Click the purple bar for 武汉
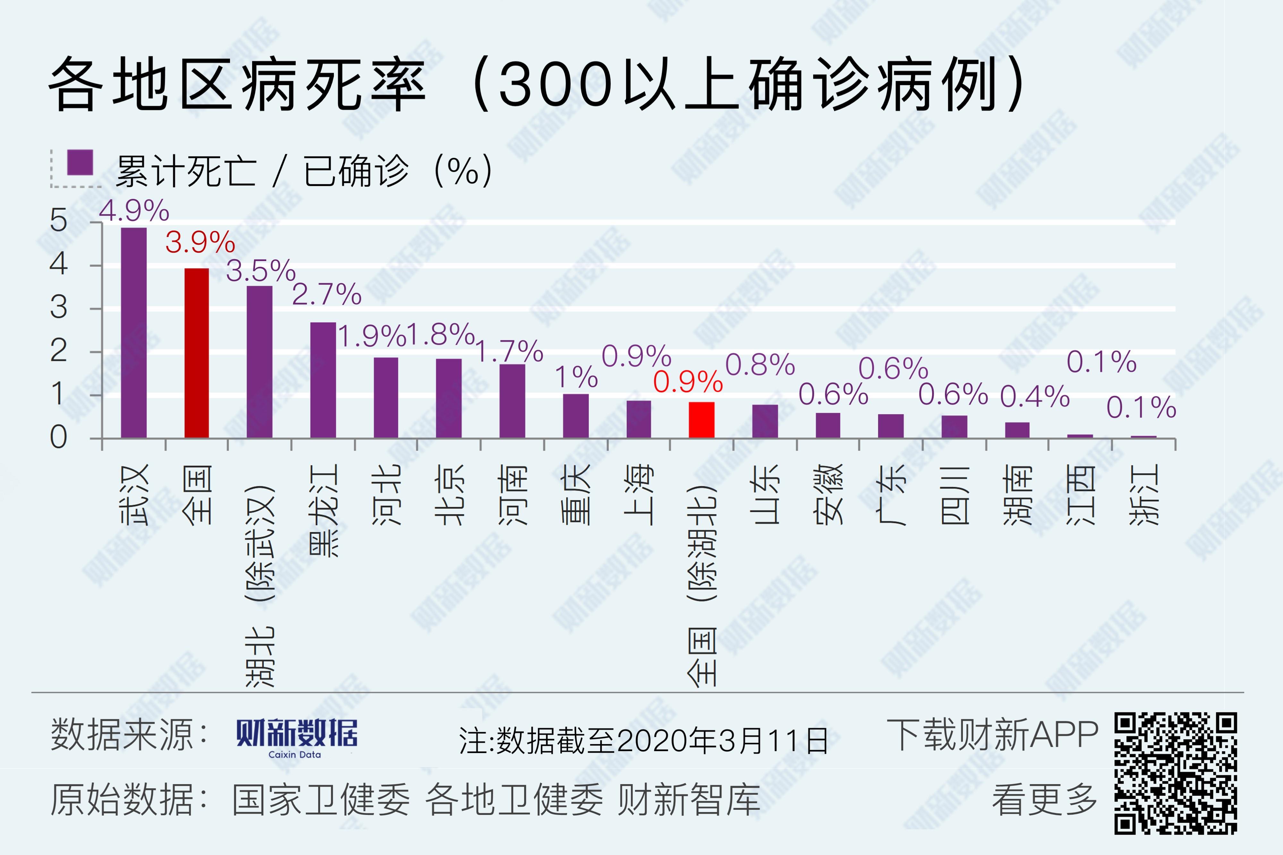(133, 333)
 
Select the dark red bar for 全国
(197, 353)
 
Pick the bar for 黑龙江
(323, 380)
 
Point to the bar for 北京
(449, 398)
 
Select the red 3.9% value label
(200, 242)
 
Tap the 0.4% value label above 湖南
(1034, 396)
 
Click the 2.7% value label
(327, 294)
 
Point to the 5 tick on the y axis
(58, 221)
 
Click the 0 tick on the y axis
(58, 437)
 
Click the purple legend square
(80, 163)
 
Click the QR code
(1175, 773)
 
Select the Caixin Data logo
(297, 737)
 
